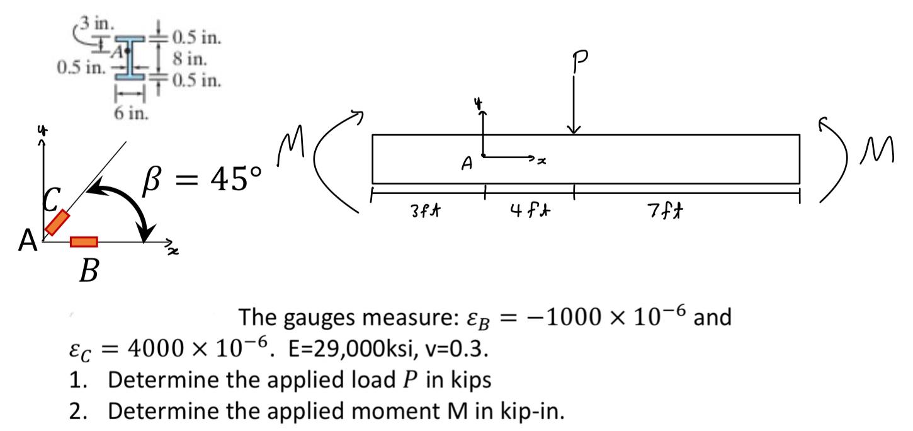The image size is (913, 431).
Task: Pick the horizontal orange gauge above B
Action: (x=84, y=241)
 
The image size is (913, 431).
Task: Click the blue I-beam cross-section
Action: (x=130, y=59)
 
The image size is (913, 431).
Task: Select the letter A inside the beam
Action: (x=467, y=164)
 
